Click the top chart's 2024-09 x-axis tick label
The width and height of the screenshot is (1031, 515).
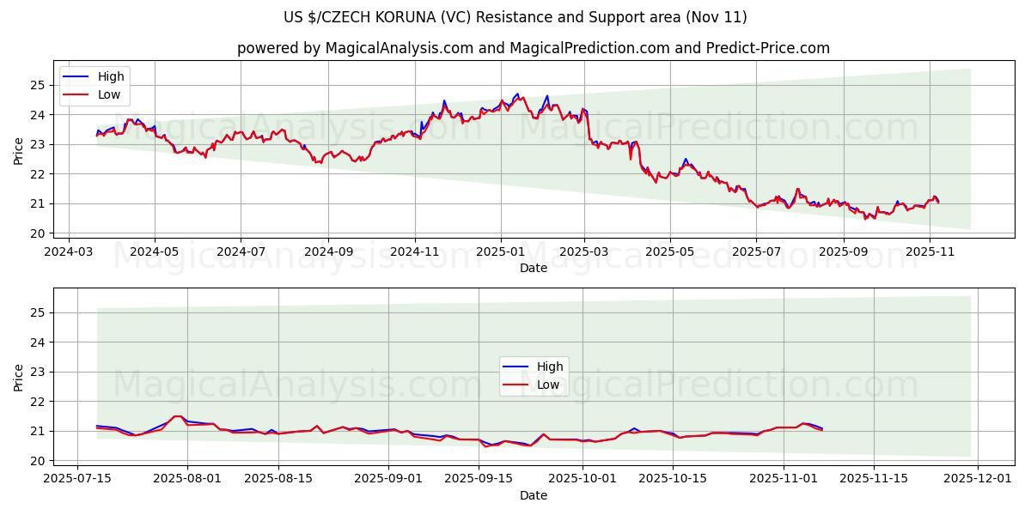328,253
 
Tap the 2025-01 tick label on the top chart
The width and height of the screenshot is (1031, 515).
500,253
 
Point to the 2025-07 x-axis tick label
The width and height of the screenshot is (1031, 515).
756,253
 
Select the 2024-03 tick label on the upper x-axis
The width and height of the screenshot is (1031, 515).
70,253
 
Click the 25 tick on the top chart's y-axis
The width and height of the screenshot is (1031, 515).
36,85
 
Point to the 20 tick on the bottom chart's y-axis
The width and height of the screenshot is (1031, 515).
36,461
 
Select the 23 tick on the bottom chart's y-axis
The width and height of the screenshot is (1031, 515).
36,372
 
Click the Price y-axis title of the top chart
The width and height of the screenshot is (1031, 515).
18,150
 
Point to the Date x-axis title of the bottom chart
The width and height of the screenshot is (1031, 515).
534,496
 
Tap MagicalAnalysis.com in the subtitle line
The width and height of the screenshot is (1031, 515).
399,48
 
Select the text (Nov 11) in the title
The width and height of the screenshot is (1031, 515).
718,17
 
